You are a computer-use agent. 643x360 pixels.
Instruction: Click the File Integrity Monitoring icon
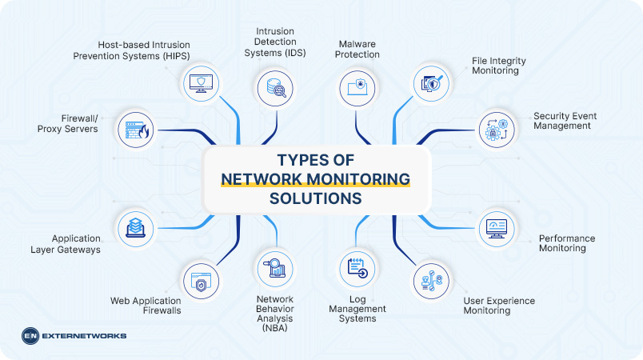coord(431,83)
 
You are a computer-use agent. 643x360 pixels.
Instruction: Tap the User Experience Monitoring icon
coord(431,282)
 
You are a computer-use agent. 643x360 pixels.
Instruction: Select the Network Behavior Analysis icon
coord(274,267)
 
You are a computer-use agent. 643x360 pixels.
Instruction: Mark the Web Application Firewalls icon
coord(199,282)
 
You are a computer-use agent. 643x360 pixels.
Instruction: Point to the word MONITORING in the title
coord(357,178)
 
